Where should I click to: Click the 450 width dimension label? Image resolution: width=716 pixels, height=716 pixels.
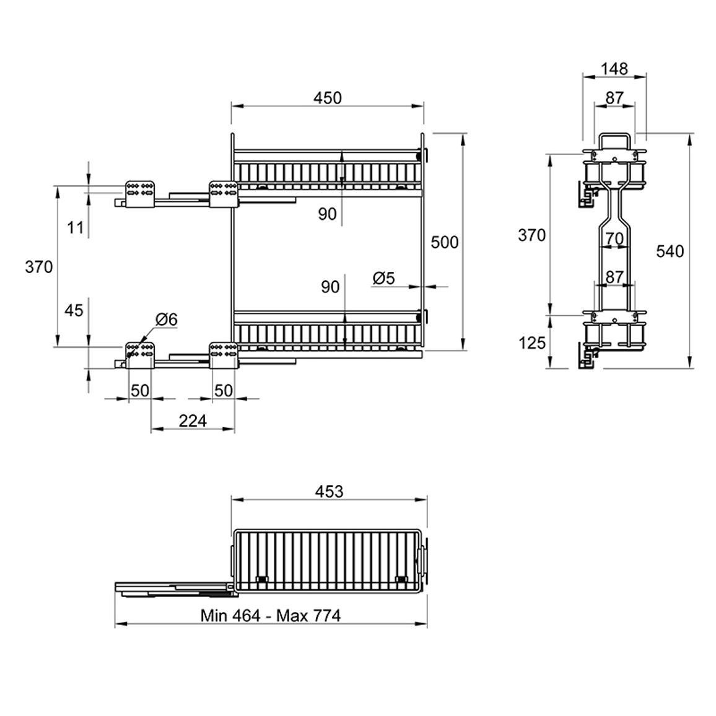[x=328, y=98]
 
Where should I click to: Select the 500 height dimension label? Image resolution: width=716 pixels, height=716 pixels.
[x=444, y=242]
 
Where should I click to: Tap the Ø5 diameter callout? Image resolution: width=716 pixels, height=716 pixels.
[x=383, y=278]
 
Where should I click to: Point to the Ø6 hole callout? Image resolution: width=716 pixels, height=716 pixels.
[x=166, y=319]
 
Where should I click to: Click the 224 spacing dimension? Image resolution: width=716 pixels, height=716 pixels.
[x=193, y=421]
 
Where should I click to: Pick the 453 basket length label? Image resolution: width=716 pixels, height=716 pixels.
[x=329, y=491]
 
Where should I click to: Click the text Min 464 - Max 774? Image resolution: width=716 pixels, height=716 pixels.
[x=271, y=616]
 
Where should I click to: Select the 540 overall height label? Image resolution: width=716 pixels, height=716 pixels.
[x=670, y=251]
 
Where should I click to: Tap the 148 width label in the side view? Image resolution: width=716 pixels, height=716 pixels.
[x=614, y=69]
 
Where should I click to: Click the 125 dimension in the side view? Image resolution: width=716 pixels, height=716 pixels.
[x=532, y=343]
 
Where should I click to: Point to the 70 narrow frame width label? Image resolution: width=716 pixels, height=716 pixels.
[x=614, y=238]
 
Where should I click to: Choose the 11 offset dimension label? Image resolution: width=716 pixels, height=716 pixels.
[x=76, y=227]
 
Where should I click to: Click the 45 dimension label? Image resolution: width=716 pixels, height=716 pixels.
[x=74, y=310]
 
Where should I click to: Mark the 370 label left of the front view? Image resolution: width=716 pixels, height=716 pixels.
[x=39, y=267]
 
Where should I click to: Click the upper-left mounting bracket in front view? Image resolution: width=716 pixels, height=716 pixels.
[x=140, y=194]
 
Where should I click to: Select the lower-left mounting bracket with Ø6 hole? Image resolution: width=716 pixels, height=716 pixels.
[x=140, y=354]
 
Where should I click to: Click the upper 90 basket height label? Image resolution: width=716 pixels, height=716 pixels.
[x=327, y=214]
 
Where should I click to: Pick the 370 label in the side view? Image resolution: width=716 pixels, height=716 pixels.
[x=532, y=235]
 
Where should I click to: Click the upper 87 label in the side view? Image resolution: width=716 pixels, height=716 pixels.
[x=614, y=98]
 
